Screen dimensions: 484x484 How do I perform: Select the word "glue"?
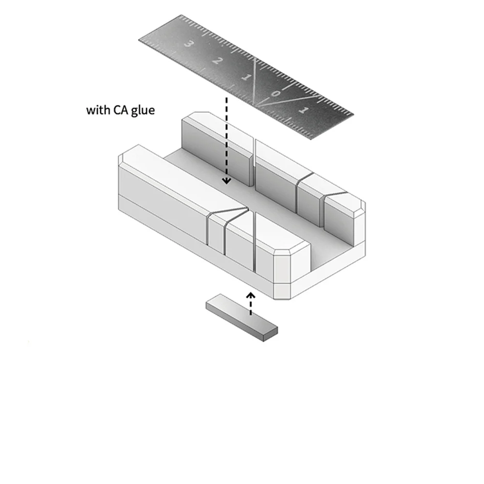[143, 110]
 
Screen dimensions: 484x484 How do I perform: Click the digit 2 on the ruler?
[217, 60]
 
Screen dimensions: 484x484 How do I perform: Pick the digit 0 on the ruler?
[276, 93]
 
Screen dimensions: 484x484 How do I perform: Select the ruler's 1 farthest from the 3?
[304, 110]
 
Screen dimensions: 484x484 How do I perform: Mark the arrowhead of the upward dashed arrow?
[251, 295]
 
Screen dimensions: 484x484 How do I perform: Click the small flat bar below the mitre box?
[242, 318]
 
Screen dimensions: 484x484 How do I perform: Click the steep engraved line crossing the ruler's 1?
[254, 81]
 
